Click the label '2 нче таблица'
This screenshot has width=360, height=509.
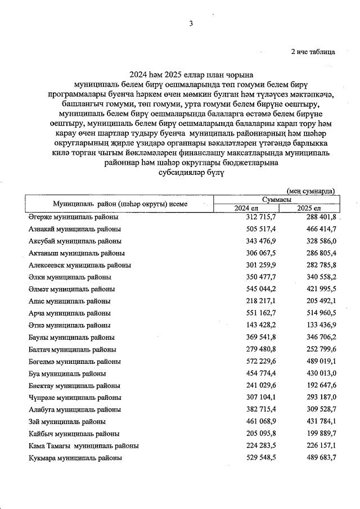(x=313, y=52)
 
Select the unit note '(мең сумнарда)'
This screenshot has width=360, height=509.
(x=310, y=191)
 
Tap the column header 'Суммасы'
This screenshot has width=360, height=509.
(x=277, y=200)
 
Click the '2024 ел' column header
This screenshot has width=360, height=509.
(x=245, y=209)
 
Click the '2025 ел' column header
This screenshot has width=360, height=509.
(x=308, y=209)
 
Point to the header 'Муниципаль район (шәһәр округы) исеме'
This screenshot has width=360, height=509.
(x=120, y=204)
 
